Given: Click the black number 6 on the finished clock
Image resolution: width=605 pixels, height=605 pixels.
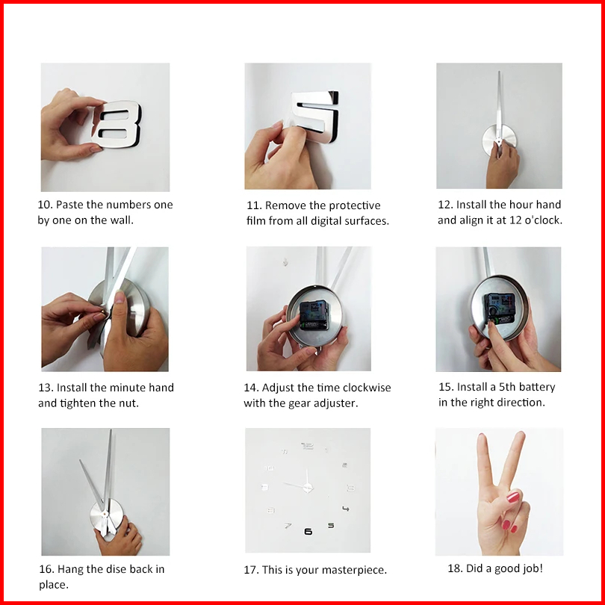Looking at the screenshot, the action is pos(308,532).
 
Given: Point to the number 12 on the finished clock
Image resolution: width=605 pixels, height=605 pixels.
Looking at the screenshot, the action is pos(308,446).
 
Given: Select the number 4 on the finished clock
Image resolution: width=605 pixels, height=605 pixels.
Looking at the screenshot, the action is pos(346,509).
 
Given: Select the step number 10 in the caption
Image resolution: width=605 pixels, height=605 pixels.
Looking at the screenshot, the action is pos(45,205).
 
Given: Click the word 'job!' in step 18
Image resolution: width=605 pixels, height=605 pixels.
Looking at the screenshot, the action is pos(532,568).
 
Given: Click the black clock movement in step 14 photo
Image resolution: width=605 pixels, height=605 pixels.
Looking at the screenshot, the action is pos(314,315).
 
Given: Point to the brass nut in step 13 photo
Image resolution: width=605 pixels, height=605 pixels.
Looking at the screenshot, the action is pos(102,311).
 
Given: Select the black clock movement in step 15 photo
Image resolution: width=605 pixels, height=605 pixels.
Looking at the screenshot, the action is pos(500,308).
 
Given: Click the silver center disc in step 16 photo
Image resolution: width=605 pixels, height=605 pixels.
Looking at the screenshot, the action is pos(107,516).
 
